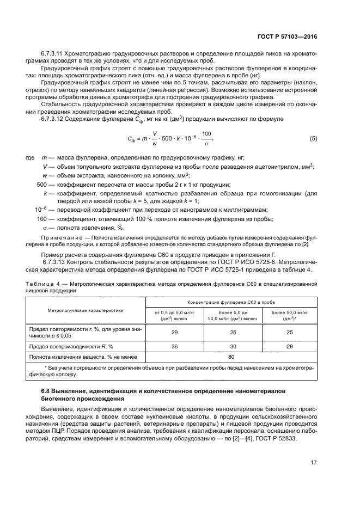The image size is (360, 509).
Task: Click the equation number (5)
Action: tap(313, 138)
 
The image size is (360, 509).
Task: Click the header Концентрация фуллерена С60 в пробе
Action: tap(231, 301)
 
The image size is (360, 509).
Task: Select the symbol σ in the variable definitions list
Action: tap(45, 228)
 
